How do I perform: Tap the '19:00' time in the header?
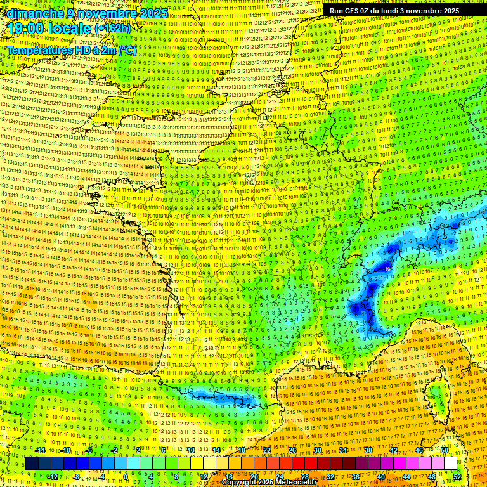[x=26, y=29]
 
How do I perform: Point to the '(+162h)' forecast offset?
[x=112, y=29]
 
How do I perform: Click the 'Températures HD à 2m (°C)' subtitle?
[x=72, y=50]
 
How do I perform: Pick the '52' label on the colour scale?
[x=457, y=477]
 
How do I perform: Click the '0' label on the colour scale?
[x=126, y=477]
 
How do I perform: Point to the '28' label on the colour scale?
[x=304, y=477]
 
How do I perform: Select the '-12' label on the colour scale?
[x=53, y=477]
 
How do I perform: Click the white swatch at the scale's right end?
[x=450, y=464]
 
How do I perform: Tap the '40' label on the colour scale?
[x=381, y=477]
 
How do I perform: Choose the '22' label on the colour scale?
[x=267, y=450]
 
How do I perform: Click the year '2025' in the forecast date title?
[x=153, y=13]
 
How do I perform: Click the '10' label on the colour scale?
[x=190, y=450]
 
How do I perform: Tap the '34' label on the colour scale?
[x=343, y=450]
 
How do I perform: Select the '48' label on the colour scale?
[x=432, y=477]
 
